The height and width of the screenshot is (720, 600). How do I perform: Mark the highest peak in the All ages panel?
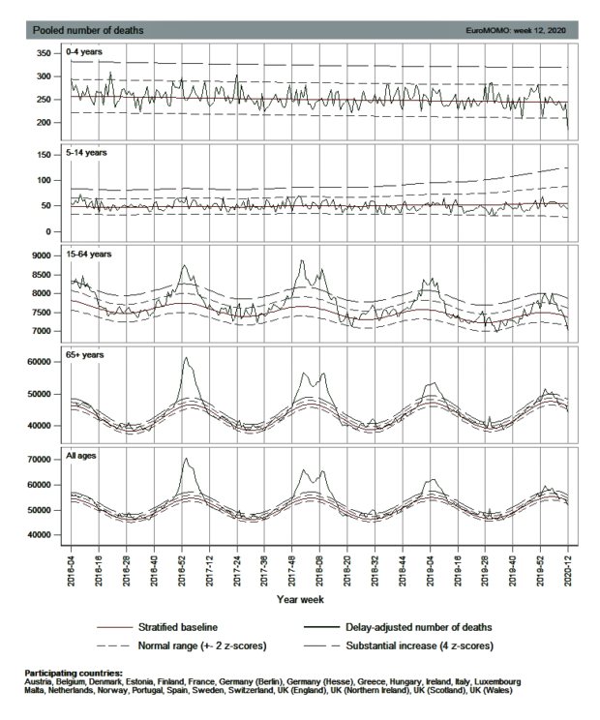click(185, 459)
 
